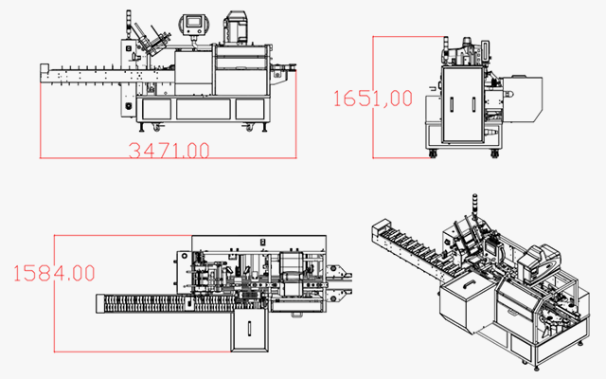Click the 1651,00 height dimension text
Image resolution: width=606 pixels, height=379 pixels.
coord(374,97)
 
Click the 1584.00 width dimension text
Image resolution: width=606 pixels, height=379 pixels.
coord(54,273)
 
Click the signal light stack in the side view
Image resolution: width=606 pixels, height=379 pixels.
coord(127,27)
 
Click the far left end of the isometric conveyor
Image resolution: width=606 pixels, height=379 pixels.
coord(377,226)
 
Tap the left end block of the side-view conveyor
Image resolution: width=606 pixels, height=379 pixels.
coord(44,75)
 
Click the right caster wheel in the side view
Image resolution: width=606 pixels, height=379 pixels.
coord(252,126)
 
